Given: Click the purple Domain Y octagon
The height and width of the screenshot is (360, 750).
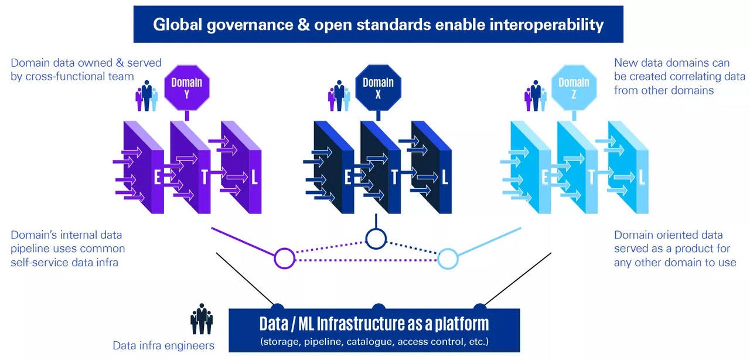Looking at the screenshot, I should click(x=186, y=88).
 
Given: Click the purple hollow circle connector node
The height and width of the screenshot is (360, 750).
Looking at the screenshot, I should click(x=284, y=258).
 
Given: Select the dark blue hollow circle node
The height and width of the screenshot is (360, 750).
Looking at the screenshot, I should click(x=376, y=238).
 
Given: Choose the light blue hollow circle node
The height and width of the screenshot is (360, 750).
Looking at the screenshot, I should click(x=448, y=258).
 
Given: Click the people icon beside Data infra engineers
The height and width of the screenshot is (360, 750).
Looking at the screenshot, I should click(x=202, y=319).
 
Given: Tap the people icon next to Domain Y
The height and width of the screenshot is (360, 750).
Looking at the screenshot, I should click(x=146, y=96).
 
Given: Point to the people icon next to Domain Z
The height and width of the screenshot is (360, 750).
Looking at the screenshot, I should click(x=536, y=96).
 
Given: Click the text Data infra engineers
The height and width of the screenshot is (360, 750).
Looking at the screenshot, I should click(x=163, y=345).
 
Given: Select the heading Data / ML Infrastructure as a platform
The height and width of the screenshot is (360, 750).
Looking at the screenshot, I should click(x=374, y=324).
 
